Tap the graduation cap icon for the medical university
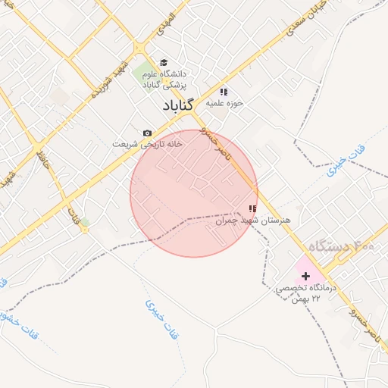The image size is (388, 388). [x=164, y=64]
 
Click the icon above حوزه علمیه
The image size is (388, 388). [x=224, y=92]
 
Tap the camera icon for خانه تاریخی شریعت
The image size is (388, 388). [x=147, y=133]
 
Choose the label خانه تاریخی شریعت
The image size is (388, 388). [x=147, y=144]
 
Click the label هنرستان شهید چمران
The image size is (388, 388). [x=255, y=221]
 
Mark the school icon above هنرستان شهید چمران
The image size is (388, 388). [x=252, y=208]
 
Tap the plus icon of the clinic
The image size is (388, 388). [x=305, y=276]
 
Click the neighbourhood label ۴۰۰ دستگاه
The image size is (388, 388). [x=342, y=248]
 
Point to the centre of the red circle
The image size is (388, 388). [x=194, y=193]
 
